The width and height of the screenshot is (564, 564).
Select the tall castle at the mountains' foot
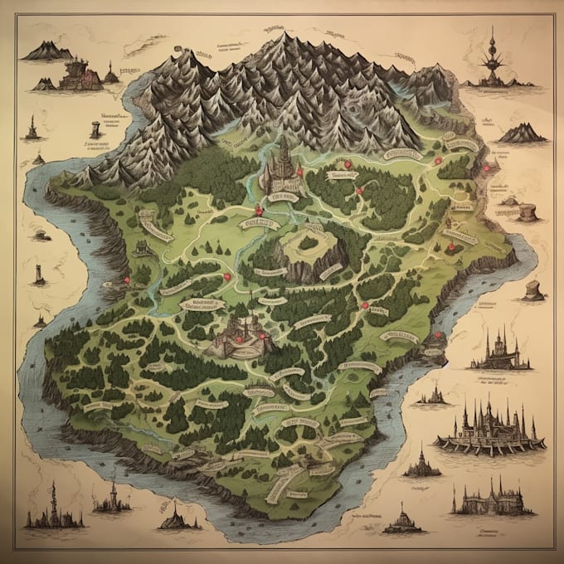[282, 166]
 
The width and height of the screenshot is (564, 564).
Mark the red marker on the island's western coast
[125, 280]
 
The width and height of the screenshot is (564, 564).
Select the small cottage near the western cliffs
[141, 246]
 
